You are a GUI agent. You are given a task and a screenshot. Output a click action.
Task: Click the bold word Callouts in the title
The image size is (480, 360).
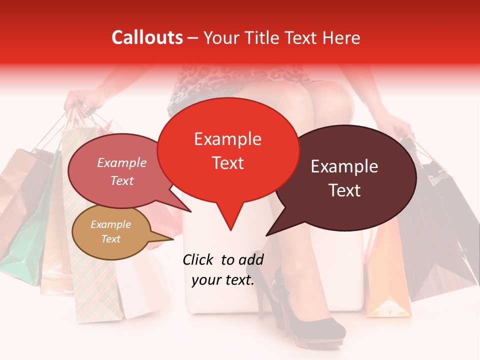coord(147,37)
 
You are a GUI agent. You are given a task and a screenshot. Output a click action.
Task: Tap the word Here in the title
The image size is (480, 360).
coord(341,37)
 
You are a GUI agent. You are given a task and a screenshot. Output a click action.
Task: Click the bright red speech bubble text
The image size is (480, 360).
coord(227,150)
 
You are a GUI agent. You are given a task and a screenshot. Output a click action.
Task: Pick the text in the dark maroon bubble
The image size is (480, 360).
coord(344,178)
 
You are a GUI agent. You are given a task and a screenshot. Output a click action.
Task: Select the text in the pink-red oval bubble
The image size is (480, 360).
coord(122,171)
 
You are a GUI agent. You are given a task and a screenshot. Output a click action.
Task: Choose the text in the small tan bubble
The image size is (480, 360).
coord(110,231)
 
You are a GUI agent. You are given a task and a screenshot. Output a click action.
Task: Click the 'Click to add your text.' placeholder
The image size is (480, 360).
coord(223,270)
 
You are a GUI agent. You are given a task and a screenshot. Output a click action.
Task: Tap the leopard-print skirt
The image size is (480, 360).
coord(210,82)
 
